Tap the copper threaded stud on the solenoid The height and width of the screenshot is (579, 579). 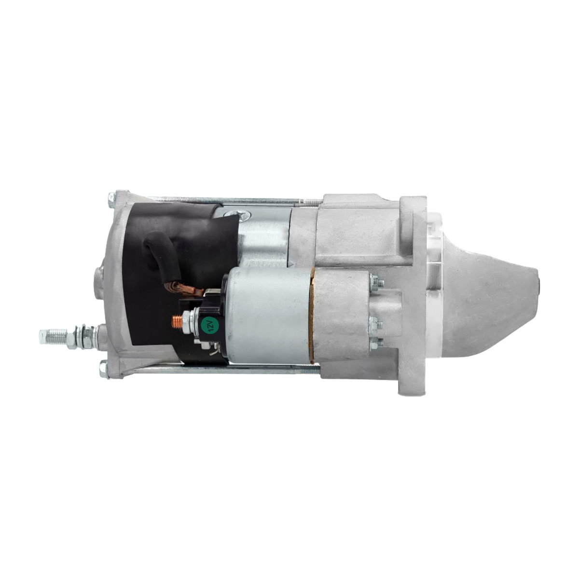pos(177,321)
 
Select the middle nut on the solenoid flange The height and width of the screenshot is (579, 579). pos(375,325)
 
